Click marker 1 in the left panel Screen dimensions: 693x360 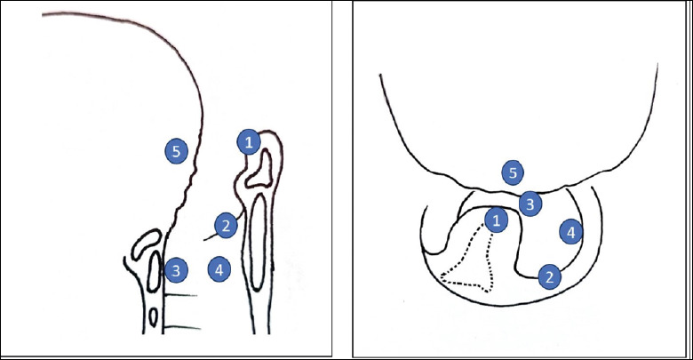tap(249, 142)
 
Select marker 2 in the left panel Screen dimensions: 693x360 tap(226, 226)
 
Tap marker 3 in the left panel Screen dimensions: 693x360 tap(176, 270)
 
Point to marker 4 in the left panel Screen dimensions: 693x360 tap(219, 269)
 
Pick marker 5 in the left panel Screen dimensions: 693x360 tap(176, 151)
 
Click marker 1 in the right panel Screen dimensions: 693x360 tap(497, 220)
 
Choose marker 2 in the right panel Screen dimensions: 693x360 tap(549, 277)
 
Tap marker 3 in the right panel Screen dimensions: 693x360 tap(530, 204)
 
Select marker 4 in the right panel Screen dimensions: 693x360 tap(571, 232)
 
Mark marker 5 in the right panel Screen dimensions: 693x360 tap(513, 172)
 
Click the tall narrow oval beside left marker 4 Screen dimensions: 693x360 tap(258, 243)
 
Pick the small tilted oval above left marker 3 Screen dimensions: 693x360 tap(147, 244)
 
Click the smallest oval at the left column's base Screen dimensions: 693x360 tap(153, 317)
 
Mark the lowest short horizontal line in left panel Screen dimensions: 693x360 tap(182, 328)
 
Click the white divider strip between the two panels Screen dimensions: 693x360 tap(342, 180)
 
